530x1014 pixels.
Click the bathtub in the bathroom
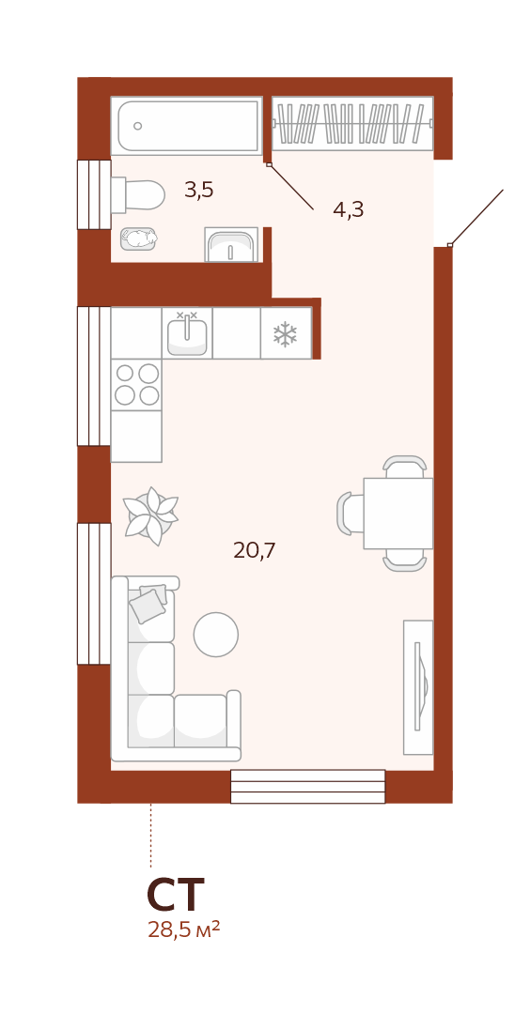186,126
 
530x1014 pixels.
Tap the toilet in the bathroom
137,194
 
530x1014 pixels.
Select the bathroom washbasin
231,244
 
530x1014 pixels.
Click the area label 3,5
198,190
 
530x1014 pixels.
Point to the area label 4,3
348,209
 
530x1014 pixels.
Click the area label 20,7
255,550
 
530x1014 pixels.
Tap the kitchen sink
187,333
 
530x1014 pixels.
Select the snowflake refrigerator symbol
285,333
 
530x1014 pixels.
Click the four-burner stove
136,384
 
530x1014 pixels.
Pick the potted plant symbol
150,516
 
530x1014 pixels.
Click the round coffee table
216,635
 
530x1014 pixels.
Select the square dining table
398,514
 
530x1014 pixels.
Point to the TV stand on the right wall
418,687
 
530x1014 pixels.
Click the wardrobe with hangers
352,123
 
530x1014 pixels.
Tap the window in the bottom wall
308,787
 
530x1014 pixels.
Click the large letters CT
176,895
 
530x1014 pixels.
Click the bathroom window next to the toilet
94,194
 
